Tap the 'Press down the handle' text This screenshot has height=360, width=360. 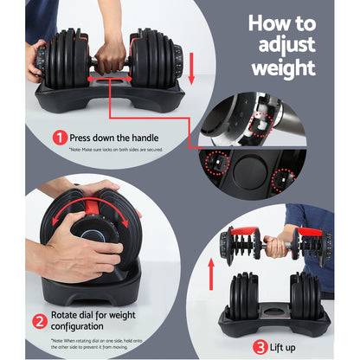(112, 136)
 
